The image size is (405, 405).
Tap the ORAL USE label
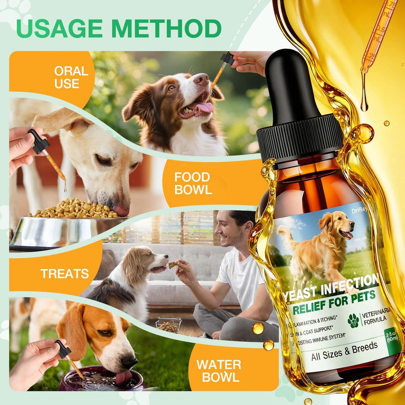[x=71, y=77]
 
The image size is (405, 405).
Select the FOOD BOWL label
[x=193, y=183]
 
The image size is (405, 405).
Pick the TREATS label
[x=65, y=274]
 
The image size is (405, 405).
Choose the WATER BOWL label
[x=219, y=371]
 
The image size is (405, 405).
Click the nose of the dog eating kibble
[x=121, y=210]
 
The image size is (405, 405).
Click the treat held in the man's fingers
[x=172, y=265]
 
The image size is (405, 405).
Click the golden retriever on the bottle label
[x=320, y=244]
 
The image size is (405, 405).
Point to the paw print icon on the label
[x=353, y=320]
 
